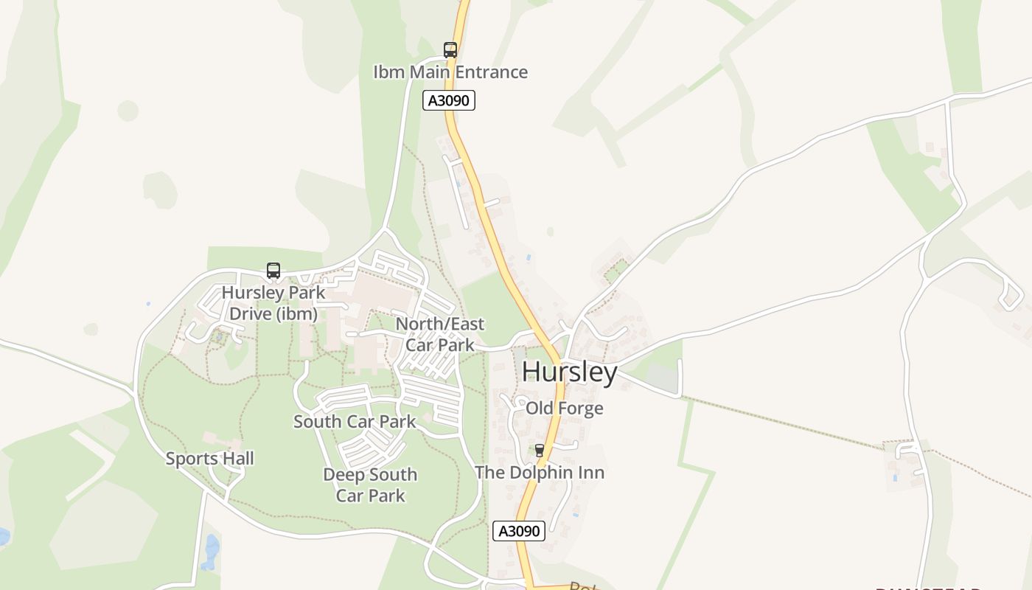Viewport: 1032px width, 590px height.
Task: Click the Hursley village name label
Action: point(569,372)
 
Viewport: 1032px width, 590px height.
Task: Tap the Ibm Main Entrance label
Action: point(450,72)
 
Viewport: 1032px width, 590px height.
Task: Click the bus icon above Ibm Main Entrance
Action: point(450,50)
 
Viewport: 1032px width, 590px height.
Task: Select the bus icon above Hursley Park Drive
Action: point(273,271)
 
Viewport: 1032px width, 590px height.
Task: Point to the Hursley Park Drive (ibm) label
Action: point(273,303)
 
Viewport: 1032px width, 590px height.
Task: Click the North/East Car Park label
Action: point(440,334)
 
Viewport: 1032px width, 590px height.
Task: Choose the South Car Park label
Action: point(355,422)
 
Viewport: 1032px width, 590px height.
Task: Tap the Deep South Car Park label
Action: point(370,485)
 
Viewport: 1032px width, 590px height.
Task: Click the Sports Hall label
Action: point(209,459)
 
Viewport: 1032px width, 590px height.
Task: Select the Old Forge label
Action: point(565,409)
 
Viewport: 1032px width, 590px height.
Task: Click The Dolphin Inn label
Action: point(540,473)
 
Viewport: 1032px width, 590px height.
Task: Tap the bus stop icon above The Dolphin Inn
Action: point(540,450)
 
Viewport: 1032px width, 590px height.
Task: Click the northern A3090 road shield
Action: point(449,100)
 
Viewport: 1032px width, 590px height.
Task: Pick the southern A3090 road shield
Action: point(519,531)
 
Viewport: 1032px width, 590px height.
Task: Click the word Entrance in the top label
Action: point(491,72)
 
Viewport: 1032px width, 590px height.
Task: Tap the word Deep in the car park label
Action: point(343,475)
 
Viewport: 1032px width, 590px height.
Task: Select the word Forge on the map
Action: point(581,409)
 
